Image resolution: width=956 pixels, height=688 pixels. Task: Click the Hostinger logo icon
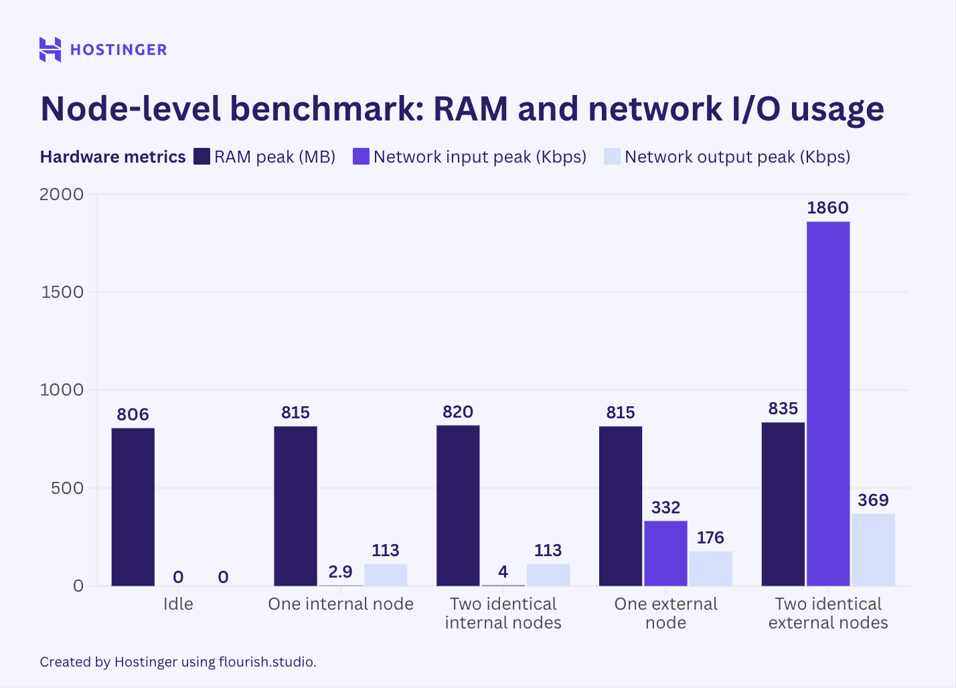tap(50, 50)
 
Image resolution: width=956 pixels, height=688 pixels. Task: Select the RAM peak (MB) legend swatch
tap(202, 157)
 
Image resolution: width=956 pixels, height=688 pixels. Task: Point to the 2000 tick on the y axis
tap(62, 194)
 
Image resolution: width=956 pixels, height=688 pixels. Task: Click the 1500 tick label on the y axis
tap(62, 292)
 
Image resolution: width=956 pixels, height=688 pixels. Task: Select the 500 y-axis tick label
tap(67, 488)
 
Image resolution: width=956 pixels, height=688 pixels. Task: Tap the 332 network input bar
tap(665, 553)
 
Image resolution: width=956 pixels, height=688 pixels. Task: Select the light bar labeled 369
tap(873, 549)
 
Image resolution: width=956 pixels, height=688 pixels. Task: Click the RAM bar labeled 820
tap(458, 505)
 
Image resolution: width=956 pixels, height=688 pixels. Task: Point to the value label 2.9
tap(340, 572)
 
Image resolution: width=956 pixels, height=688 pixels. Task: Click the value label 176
tap(710, 537)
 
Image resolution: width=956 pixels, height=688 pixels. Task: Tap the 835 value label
tap(783, 408)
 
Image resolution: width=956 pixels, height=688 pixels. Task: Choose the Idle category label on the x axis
tap(178, 604)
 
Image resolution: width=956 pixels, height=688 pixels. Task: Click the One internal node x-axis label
tap(341, 604)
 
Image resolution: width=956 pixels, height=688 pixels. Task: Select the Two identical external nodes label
tap(828, 613)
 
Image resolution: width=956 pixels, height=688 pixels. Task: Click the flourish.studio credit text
tap(267, 662)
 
